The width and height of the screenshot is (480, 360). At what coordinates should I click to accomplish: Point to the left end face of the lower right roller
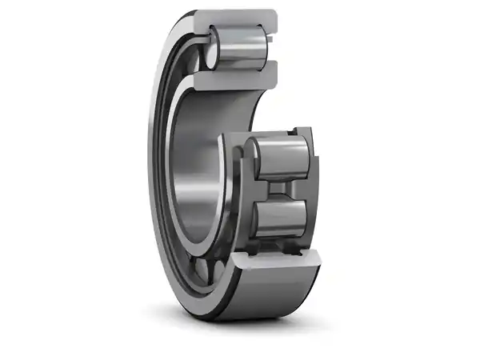(x=255, y=217)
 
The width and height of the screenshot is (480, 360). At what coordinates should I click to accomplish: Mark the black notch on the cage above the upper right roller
(x=298, y=130)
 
